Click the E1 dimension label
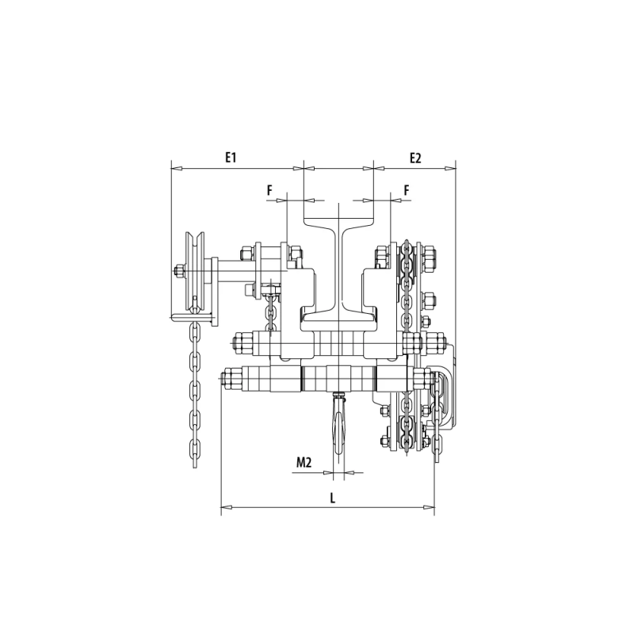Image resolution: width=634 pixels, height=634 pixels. pyautogui.click(x=231, y=157)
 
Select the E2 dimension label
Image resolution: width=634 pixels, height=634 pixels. pyautogui.click(x=415, y=158)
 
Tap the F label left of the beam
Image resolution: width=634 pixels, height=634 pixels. pyautogui.click(x=269, y=190)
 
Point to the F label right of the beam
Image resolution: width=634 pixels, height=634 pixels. pyautogui.click(x=407, y=190)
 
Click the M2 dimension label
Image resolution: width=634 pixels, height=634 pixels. pyautogui.click(x=304, y=462)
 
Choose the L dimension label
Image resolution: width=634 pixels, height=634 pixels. pyautogui.click(x=333, y=498)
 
